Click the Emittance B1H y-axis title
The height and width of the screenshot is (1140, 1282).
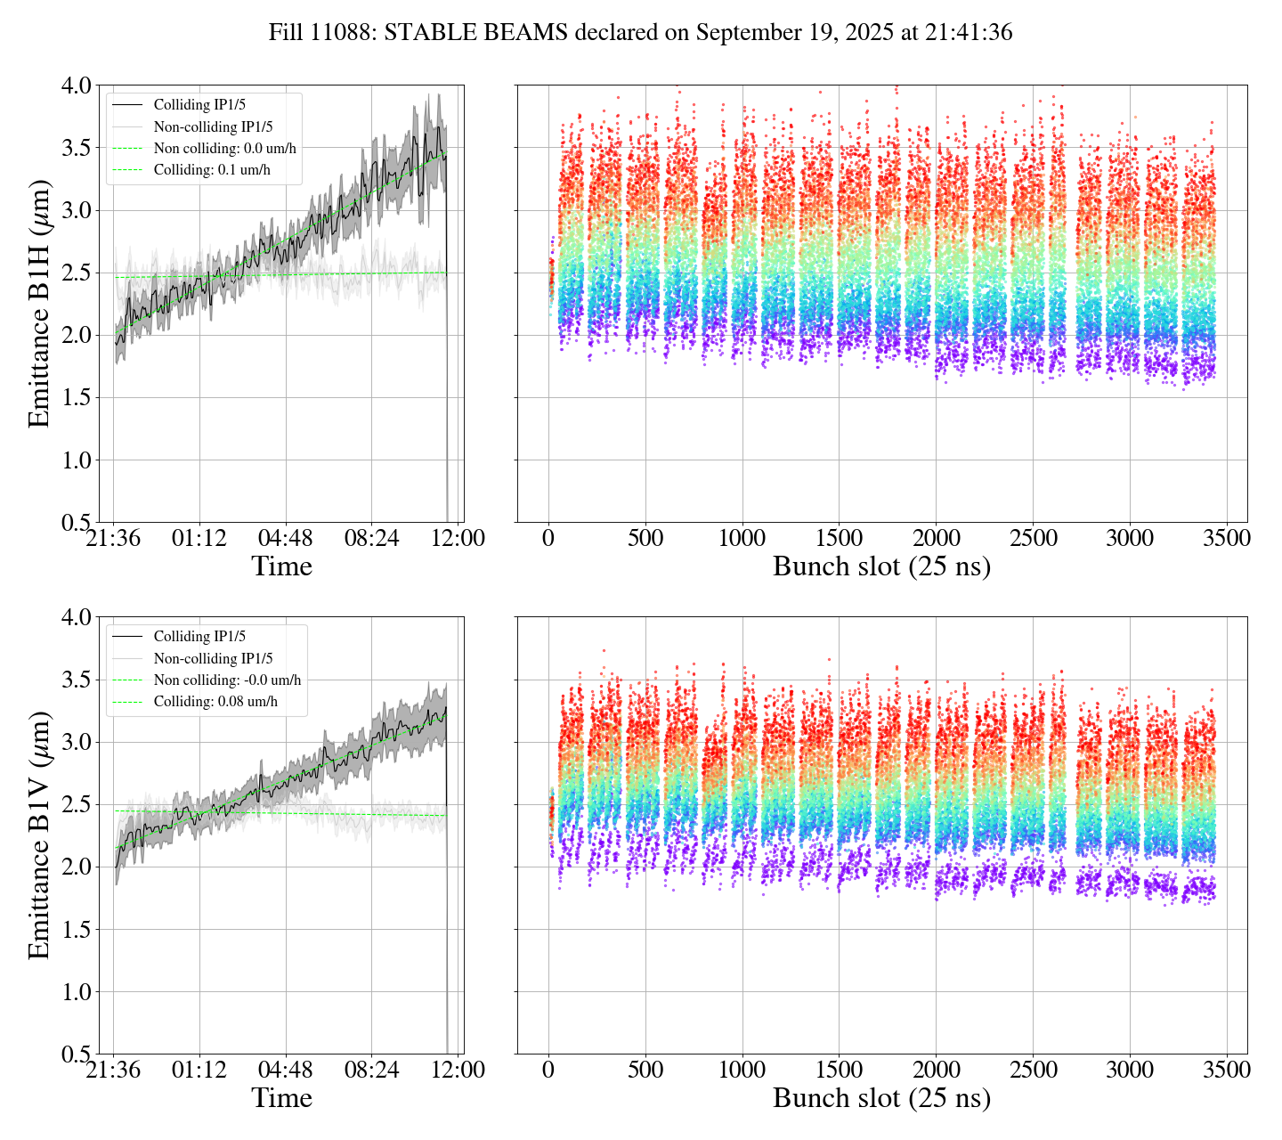click(x=38, y=304)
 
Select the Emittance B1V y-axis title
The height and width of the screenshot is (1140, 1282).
click(x=38, y=835)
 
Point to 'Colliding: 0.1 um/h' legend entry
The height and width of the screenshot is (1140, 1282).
click(x=212, y=169)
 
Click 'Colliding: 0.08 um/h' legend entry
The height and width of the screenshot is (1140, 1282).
click(x=215, y=702)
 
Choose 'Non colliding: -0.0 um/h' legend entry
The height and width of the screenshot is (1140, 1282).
click(x=227, y=680)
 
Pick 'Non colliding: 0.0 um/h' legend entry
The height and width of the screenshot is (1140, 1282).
click(x=224, y=148)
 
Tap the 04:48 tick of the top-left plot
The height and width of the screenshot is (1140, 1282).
click(x=285, y=539)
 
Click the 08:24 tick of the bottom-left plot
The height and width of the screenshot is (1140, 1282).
click(x=371, y=1070)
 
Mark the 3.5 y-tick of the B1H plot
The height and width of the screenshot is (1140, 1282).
click(x=76, y=148)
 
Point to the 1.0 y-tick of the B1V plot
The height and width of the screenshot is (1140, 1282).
click(x=76, y=992)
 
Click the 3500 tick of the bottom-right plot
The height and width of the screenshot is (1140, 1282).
click(x=1226, y=1070)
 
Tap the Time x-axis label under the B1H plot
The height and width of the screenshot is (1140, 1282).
click(x=281, y=566)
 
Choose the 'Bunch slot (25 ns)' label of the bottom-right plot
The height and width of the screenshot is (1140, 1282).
click(x=881, y=1098)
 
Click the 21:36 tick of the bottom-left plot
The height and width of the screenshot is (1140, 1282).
click(x=113, y=1070)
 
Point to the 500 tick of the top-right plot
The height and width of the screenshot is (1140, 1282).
click(x=645, y=539)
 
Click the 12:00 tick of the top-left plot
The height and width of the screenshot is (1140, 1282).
click(x=458, y=539)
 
